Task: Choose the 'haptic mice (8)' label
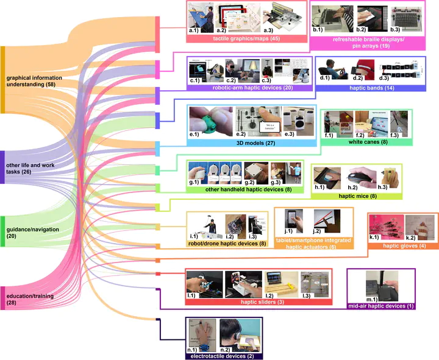coord(357,196)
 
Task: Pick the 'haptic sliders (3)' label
coord(258,301)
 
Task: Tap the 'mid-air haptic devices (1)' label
coord(380,305)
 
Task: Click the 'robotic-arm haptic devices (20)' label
coord(249,88)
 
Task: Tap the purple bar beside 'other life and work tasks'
coord(2,175)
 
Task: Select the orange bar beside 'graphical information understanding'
coord(2,79)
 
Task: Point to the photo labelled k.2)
coord(420,227)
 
